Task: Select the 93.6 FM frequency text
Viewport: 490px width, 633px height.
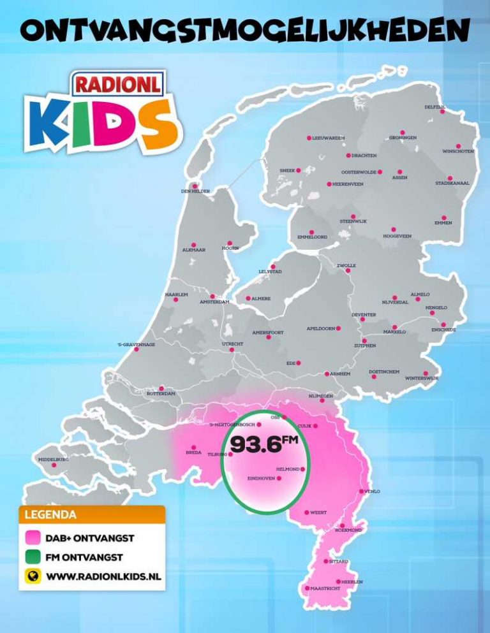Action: coord(264,444)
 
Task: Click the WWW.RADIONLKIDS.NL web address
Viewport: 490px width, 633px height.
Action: coord(103,576)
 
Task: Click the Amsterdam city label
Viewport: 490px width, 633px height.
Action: coord(214,302)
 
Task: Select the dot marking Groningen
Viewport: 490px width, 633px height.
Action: coord(403,132)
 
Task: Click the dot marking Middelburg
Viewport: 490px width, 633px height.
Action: coord(54,465)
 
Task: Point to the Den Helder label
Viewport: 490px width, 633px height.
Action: coord(194,191)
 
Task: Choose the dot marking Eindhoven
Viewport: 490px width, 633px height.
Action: coord(279,477)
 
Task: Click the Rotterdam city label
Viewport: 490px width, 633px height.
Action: coord(161,394)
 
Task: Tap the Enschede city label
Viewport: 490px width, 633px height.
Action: coord(443,330)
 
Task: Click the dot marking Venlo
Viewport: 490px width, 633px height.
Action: coord(362,491)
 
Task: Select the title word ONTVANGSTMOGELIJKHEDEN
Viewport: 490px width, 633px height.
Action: coord(245,30)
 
